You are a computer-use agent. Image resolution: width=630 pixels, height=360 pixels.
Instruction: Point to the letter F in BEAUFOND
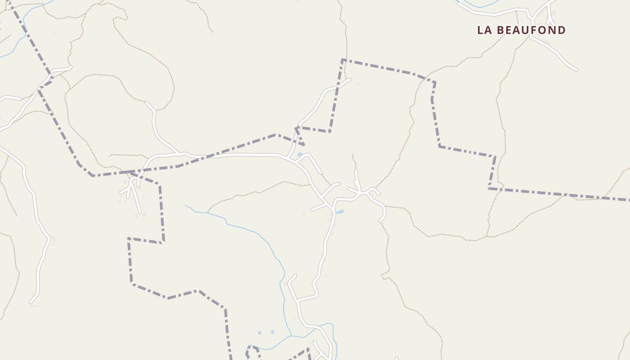click(x=536, y=30)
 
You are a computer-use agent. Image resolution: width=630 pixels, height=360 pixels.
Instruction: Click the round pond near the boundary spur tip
click(x=300, y=155)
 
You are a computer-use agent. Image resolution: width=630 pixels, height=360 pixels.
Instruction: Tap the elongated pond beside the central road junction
click(x=340, y=211)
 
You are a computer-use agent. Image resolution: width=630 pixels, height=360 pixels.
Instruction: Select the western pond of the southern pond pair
click(x=260, y=333)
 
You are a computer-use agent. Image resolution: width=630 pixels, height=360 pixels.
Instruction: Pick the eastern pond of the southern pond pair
click(x=272, y=332)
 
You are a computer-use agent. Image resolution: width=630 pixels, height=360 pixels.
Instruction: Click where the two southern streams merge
click(x=291, y=336)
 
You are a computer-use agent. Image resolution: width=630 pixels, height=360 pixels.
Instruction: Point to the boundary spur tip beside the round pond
click(x=304, y=145)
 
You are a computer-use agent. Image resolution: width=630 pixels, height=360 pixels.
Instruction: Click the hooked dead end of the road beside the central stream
click(x=295, y=275)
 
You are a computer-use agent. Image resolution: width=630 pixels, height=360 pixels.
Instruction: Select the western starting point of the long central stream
click(x=185, y=206)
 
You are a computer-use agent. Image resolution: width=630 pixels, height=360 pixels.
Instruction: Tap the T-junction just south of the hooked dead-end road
click(x=297, y=300)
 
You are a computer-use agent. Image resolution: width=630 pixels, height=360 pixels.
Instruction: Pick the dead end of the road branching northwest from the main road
click(x=147, y=103)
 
